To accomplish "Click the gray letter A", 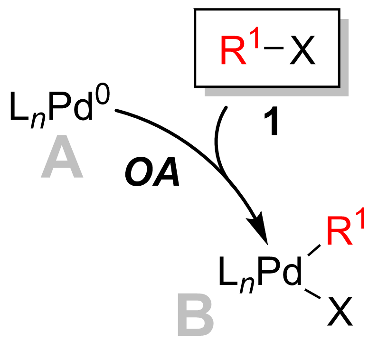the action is (62, 157).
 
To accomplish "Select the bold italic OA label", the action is (152, 171).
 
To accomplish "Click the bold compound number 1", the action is (272, 121).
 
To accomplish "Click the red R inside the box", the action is (233, 50).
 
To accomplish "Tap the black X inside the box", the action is (302, 50).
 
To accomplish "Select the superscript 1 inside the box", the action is (255, 38).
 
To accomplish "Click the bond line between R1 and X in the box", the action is (274, 48).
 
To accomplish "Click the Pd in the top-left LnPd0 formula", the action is (71, 106).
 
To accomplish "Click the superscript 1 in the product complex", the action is (360, 218).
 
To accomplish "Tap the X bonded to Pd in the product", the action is (340, 312).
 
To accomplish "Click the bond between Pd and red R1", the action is (314, 250).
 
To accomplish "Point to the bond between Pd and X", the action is (312, 294).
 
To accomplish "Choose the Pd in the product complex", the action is (280, 271).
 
